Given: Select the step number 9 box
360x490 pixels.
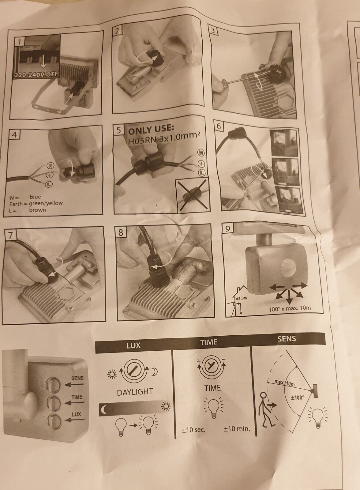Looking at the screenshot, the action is click(x=228, y=229).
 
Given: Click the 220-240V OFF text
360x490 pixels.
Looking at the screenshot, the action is click(x=36, y=75).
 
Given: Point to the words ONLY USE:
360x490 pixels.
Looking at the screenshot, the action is click(x=151, y=130).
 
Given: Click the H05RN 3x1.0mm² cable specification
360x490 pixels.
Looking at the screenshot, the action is click(x=164, y=139).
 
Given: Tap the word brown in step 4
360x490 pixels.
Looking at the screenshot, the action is click(x=37, y=210).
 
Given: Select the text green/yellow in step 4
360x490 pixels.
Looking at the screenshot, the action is click(x=46, y=203).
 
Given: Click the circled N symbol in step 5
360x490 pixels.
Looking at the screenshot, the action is click(x=201, y=153).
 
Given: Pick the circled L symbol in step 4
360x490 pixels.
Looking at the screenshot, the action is click(x=49, y=184).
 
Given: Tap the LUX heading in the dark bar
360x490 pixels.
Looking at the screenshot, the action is click(x=133, y=345).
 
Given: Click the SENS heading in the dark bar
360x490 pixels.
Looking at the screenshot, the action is click(x=287, y=339).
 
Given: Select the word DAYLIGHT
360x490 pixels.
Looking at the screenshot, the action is click(x=135, y=392).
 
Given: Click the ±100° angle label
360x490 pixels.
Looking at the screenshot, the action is click(x=298, y=397).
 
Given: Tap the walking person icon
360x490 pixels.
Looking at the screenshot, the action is click(x=265, y=409).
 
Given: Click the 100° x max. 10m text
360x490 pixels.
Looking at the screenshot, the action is click(x=290, y=308).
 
